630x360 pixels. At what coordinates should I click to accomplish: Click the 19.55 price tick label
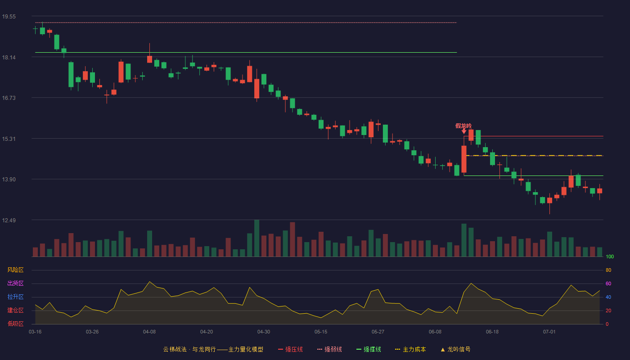9,17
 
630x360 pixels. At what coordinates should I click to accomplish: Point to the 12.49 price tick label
9,220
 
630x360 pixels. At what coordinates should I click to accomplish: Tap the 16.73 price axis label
9,98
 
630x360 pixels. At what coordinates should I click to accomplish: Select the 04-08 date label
149,332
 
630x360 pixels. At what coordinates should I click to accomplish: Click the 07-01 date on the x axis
549,332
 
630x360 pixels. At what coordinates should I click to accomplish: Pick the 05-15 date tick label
321,332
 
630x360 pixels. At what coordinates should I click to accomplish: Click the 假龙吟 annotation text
463,126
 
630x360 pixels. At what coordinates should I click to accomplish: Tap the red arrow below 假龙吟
464,131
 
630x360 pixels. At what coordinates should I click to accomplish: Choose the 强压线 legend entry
291,349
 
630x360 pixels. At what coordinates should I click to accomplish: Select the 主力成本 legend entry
410,349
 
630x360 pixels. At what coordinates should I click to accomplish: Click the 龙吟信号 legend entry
455,349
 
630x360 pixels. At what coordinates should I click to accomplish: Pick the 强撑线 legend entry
369,349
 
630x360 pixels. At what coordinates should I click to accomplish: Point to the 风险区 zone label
15,270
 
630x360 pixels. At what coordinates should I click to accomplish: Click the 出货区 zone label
15,283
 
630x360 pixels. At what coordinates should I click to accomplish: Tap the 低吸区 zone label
15,324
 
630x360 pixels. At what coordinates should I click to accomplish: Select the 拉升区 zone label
15,297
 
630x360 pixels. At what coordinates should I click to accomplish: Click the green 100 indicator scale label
610,256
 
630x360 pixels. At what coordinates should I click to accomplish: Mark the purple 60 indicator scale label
608,283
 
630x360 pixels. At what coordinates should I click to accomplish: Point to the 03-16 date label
35,332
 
